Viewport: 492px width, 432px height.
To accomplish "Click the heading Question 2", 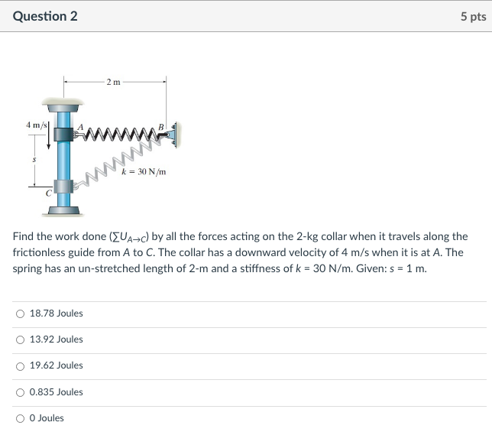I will coord(45,16).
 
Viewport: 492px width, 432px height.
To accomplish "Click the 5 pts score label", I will coord(473,16).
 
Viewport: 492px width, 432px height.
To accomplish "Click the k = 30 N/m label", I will coord(143,172).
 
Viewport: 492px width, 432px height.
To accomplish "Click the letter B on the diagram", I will coord(160,127).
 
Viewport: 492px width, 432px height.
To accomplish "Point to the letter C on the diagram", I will coord(47,194).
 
